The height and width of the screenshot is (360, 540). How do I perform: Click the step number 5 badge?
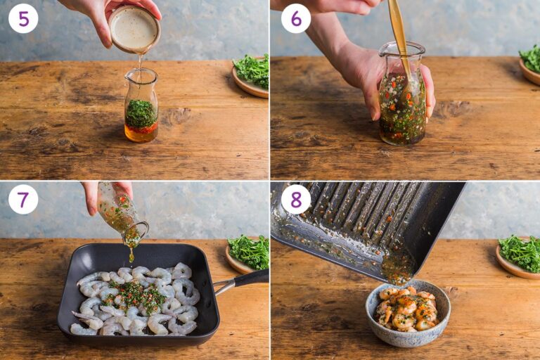click(x=23, y=18)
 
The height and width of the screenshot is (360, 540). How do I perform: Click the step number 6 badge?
click(x=295, y=18)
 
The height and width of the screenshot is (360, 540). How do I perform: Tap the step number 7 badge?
click(x=23, y=199)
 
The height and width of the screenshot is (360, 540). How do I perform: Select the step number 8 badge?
click(x=295, y=199)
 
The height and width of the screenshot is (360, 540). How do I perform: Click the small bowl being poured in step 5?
click(x=134, y=29)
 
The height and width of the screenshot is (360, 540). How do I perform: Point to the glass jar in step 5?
click(x=141, y=105)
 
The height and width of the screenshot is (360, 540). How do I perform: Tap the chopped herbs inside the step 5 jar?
click(x=141, y=112)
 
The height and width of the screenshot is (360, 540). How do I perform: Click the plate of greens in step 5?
click(x=251, y=75)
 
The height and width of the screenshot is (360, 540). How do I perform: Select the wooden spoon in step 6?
click(x=399, y=42)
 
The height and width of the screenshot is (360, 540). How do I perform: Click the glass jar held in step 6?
click(x=401, y=98)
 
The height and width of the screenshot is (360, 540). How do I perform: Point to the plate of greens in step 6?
click(x=530, y=63)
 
